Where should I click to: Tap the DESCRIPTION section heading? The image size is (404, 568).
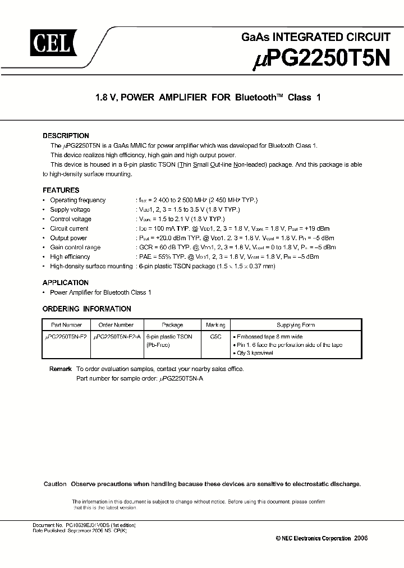click(66, 136)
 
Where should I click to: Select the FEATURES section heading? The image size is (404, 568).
click(61, 190)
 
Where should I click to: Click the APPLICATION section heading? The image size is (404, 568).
click(66, 283)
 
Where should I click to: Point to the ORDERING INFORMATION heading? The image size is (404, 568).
click(87, 309)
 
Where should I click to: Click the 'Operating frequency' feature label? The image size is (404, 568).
click(77, 200)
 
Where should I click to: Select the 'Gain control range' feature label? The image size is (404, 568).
click(75, 248)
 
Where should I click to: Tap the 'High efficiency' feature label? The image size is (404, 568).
click(70, 256)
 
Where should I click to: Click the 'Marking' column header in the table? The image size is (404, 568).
click(215, 325)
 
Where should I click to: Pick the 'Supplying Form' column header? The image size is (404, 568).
click(296, 325)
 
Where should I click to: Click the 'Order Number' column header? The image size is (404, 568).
click(116, 325)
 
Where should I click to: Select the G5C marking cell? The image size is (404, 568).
click(215, 336)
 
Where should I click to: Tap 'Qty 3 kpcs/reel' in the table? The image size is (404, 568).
click(256, 354)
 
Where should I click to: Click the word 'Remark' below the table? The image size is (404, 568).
click(60, 369)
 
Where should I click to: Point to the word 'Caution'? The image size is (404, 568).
click(55, 484)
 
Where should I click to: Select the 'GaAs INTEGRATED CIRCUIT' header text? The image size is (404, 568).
click(315, 38)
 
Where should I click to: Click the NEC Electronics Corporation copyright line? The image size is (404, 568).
click(322, 538)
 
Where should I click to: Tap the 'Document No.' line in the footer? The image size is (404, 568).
click(84, 525)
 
